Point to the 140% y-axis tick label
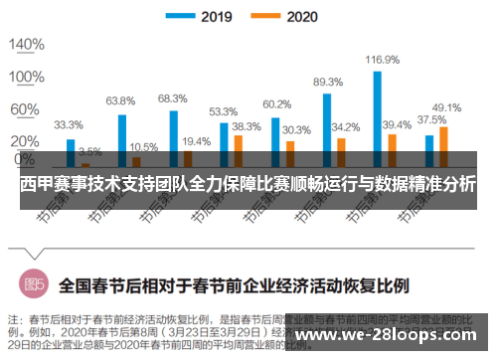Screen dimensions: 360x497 [x=27, y=45]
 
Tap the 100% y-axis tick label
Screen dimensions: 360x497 [x=27, y=77]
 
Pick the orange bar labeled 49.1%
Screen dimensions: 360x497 [x=443, y=145]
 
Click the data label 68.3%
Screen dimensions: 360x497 [x=172, y=98]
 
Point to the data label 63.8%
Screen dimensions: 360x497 [x=120, y=100]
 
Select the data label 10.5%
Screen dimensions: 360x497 [x=143, y=146]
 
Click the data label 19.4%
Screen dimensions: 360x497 [x=196, y=141]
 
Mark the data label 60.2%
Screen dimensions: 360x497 [x=276, y=104]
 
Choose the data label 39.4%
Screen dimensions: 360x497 [x=397, y=124]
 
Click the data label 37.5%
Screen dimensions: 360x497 [x=430, y=119]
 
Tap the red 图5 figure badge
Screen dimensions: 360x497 [x=34, y=283]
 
